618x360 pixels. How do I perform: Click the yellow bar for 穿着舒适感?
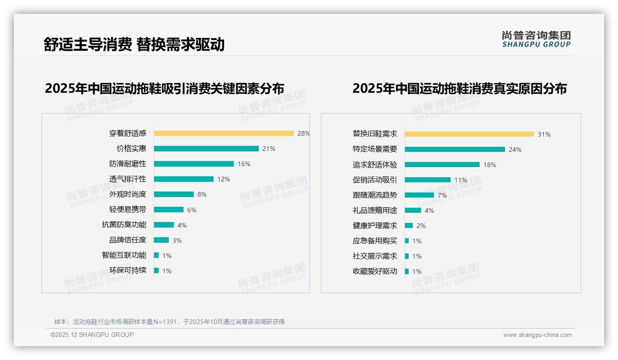tap(224, 133)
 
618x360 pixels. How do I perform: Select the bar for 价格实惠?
tap(206, 149)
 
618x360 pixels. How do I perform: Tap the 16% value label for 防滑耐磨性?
tap(244, 164)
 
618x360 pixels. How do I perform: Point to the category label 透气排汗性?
tap(128, 179)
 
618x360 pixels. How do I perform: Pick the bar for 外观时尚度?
tap(174, 194)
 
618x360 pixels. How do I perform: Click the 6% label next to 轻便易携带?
tap(192, 210)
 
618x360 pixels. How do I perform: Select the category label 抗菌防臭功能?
tap(124, 225)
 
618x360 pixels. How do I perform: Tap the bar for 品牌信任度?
tap(161, 240)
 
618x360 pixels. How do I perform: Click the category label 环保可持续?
tap(128, 270)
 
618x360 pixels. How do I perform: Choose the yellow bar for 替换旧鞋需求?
tap(469, 134)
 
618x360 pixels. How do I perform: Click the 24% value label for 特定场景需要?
tap(515, 150)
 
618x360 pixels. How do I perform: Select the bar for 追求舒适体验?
tap(442, 164)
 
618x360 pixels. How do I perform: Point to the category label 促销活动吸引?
tap(374, 180)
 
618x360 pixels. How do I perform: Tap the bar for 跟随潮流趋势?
tap(419, 195)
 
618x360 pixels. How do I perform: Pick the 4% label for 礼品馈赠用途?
tap(429, 210)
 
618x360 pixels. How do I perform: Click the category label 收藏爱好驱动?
tap(374, 271)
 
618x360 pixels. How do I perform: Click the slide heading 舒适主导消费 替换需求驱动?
tap(134, 44)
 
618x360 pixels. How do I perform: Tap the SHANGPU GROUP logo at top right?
tap(536, 39)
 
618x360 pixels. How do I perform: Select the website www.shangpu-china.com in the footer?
tap(537, 335)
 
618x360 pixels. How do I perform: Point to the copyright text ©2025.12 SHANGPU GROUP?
tap(92, 335)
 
